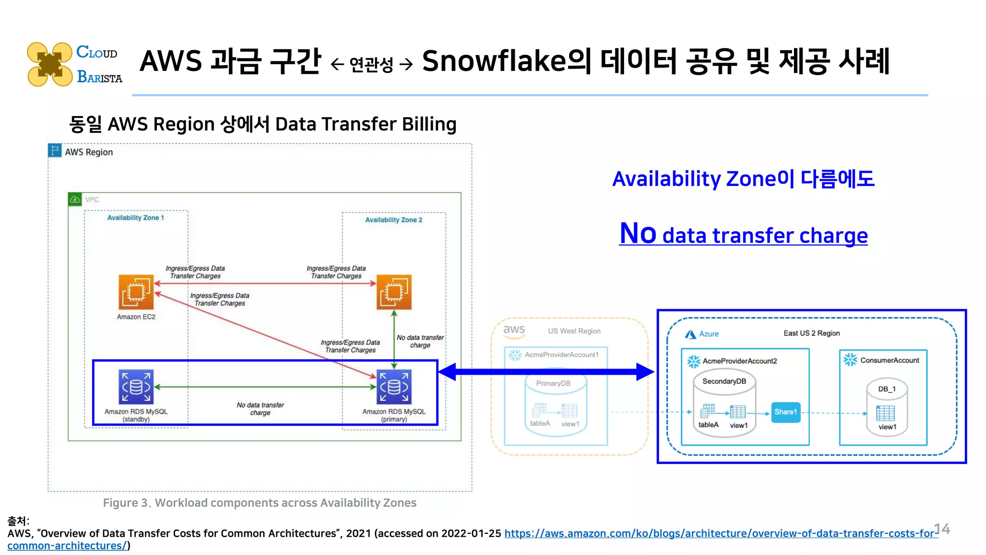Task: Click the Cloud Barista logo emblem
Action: (x=50, y=64)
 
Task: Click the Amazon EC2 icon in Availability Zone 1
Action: (x=136, y=292)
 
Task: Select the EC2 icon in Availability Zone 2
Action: (x=394, y=292)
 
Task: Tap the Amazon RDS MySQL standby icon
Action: (x=136, y=387)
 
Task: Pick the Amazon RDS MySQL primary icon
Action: (x=394, y=387)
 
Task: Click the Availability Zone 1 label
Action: (x=135, y=218)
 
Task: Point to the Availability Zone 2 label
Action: (x=393, y=220)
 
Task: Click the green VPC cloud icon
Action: (x=75, y=199)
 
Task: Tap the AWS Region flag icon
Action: (x=55, y=150)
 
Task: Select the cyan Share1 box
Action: (x=785, y=412)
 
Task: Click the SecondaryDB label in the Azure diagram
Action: (x=724, y=381)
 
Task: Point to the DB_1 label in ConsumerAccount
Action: (x=887, y=389)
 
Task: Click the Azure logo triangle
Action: (x=690, y=334)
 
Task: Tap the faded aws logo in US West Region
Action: (x=514, y=330)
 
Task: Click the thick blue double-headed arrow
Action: (x=546, y=371)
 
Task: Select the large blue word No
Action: (x=638, y=234)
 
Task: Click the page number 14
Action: (x=942, y=529)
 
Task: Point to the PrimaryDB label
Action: (x=553, y=383)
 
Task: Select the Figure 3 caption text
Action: (x=259, y=503)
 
